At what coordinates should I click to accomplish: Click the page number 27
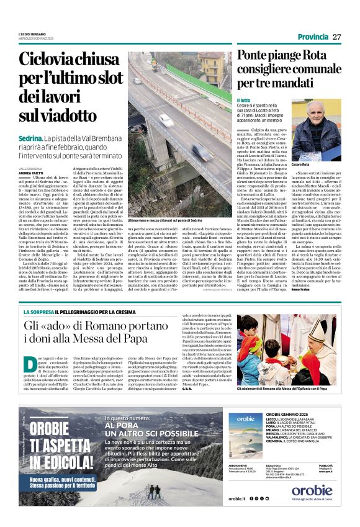[337, 37]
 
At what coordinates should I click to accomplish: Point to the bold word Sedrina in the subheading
[30, 137]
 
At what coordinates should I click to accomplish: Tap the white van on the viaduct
[166, 120]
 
